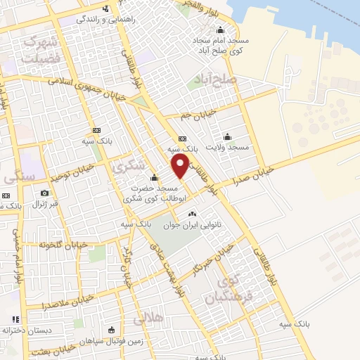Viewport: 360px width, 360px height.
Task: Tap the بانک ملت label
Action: click(11, 205)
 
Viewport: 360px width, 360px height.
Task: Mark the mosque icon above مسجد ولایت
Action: click(226, 136)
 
